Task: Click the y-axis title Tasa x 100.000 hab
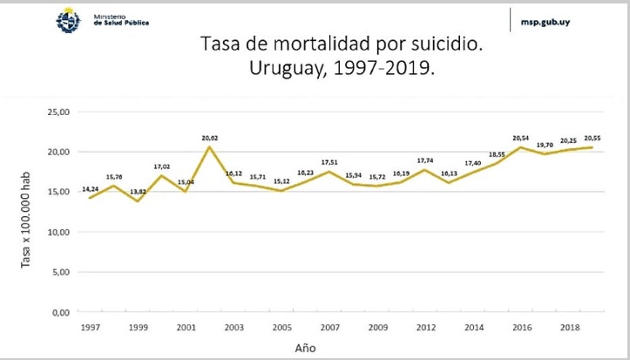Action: [29, 214]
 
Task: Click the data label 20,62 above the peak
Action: [210, 137]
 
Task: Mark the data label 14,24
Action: [91, 188]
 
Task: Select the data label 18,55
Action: [497, 154]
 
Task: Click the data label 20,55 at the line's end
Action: [592, 138]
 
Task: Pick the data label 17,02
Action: [162, 166]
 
